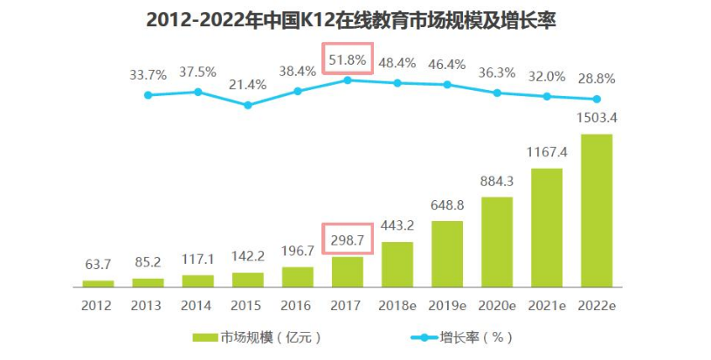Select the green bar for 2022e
click(597, 210)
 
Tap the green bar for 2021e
click(547, 227)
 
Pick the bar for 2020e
click(497, 241)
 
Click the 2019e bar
click(447, 253)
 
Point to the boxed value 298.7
click(348, 237)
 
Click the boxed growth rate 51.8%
click(348, 59)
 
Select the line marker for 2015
click(248, 105)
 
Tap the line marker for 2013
click(148, 94)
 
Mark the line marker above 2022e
click(597, 99)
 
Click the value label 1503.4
click(597, 118)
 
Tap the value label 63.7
click(99, 263)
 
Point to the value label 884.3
click(497, 181)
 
